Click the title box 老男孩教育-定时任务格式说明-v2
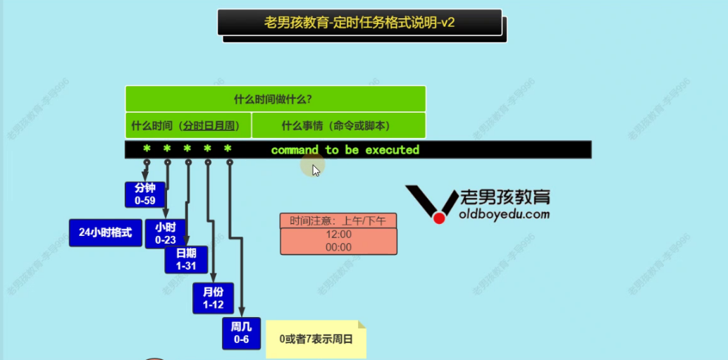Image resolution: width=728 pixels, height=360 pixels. click(x=359, y=23)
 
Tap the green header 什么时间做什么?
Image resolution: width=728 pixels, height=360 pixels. click(x=275, y=99)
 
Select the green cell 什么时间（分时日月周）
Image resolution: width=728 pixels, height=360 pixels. click(x=187, y=126)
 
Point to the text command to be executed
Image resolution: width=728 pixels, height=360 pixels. click(x=345, y=150)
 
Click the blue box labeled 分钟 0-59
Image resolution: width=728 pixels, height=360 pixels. click(x=144, y=194)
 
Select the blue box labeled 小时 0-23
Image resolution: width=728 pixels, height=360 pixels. click(x=165, y=233)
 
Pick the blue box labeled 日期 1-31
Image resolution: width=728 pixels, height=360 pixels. click(x=186, y=259)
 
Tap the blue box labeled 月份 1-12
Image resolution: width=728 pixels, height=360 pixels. click(x=213, y=298)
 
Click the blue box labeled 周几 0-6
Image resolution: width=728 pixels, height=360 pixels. click(x=241, y=333)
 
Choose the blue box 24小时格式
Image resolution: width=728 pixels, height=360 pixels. click(x=105, y=232)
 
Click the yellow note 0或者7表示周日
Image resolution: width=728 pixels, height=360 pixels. click(x=315, y=339)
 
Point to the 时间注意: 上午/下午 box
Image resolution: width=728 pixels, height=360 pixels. click(x=338, y=221)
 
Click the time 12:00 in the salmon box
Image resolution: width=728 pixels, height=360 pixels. click(x=338, y=235)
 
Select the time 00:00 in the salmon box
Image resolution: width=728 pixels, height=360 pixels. click(x=338, y=247)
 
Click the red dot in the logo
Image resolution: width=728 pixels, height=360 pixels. click(x=439, y=218)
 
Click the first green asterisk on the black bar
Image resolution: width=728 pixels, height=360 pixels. click(x=147, y=149)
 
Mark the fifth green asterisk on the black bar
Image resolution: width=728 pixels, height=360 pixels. click(x=228, y=149)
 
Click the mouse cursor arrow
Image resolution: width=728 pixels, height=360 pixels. click(x=316, y=169)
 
